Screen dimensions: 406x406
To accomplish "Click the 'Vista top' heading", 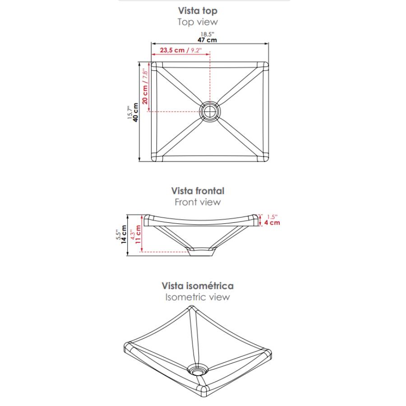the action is click(198, 11).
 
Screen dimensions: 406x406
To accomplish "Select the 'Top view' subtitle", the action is click(198, 22).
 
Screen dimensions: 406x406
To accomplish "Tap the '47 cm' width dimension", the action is click(207, 40).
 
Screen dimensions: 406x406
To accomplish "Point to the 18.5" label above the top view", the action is click(208, 34).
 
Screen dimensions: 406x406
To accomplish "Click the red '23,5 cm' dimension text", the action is click(172, 50).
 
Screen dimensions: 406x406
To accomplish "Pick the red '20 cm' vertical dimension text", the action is click(145, 95).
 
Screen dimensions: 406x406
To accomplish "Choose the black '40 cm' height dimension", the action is click(135, 112).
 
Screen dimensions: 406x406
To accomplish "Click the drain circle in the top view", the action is click(210, 111).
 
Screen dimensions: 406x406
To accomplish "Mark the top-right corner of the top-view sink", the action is click(268, 63).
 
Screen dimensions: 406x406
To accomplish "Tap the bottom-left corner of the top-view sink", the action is click(152, 161).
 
